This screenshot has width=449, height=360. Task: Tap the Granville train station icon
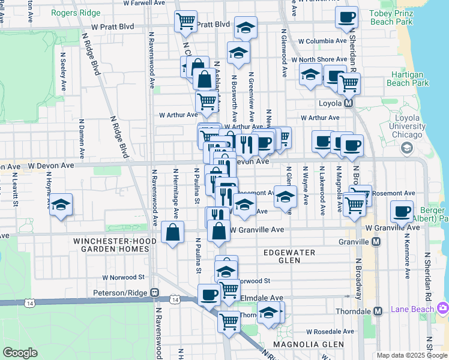pyautogui.click(x=376, y=242)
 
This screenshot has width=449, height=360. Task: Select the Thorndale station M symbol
pyautogui.click(x=378, y=311)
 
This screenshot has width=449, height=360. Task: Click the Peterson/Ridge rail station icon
pyautogui.click(x=154, y=293)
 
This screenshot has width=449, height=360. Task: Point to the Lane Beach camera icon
pyautogui.click(x=443, y=308)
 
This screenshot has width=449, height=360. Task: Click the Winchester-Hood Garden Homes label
pyautogui.click(x=115, y=245)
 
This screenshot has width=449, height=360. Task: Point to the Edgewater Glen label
pyautogui.click(x=289, y=257)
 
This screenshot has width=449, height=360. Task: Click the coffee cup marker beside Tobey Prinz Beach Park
pyautogui.click(x=346, y=17)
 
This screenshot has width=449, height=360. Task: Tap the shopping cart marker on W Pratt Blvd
pyautogui.click(x=185, y=22)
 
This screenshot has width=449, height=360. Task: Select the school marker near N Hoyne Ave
pyautogui.click(x=61, y=205)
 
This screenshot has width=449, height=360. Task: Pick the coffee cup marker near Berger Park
pyautogui.click(x=402, y=211)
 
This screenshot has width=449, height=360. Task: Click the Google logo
pyautogui.click(x=20, y=353)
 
